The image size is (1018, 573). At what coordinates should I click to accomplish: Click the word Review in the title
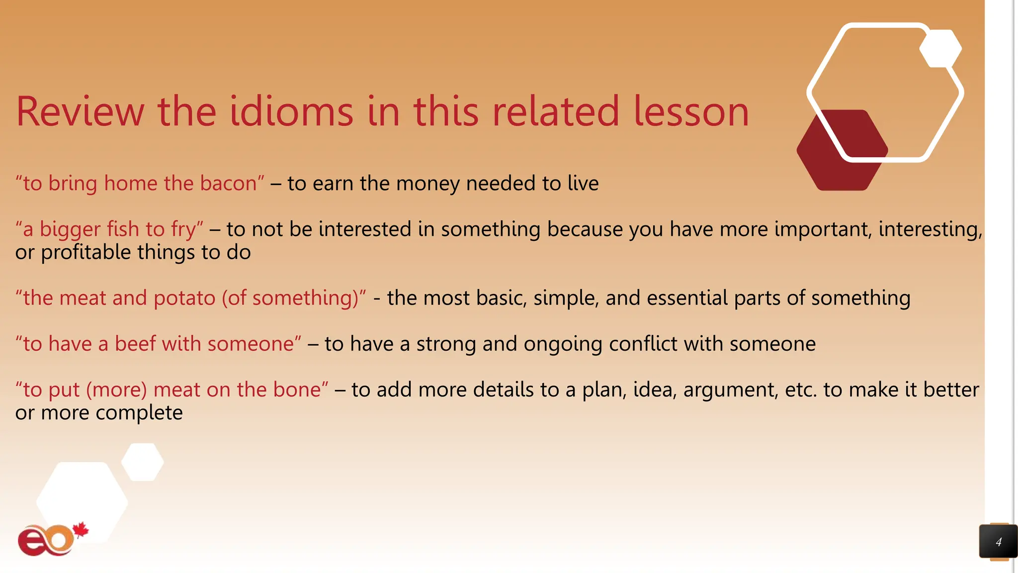point(80,111)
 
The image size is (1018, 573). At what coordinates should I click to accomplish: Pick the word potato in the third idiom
point(184,298)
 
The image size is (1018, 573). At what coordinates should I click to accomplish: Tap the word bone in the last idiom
point(299,389)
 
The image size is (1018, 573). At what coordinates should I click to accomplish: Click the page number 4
point(998,542)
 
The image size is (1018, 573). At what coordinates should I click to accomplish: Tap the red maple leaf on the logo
point(81,530)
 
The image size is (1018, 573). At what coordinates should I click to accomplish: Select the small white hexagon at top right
point(940,48)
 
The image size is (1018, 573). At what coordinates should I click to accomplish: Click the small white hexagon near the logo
point(143,462)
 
